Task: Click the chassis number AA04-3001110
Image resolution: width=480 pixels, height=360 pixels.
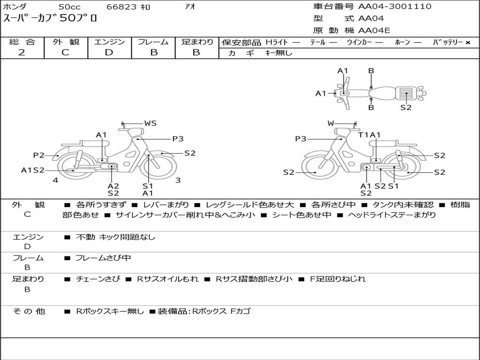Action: coord(395,7)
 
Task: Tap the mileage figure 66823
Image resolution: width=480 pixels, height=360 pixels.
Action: coord(121,7)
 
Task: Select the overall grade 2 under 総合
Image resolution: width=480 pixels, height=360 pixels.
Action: coord(22,52)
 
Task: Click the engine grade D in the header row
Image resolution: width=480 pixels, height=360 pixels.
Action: coord(109,52)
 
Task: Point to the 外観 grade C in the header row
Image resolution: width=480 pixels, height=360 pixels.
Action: coord(65,52)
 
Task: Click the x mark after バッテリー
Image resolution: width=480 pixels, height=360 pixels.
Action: coord(468,43)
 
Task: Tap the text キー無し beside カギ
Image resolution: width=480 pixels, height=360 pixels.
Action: coord(278,53)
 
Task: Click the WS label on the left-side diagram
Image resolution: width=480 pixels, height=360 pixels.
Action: coord(150,123)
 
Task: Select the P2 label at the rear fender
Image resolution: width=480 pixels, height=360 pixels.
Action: coord(39,155)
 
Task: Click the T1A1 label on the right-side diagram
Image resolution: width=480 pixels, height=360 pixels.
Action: coord(369,135)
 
